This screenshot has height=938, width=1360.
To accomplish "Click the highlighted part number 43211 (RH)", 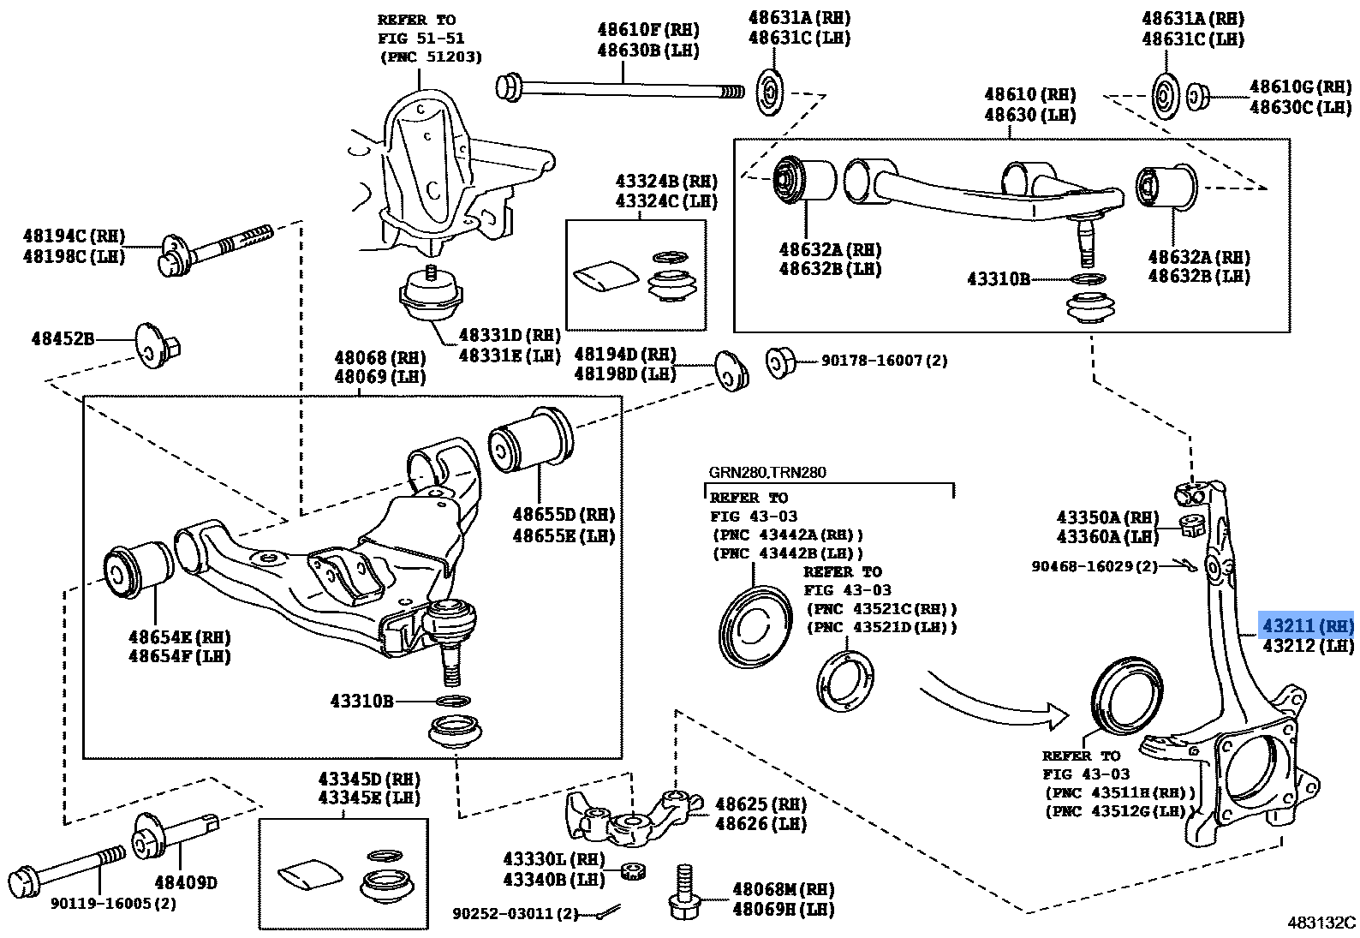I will click(1306, 626).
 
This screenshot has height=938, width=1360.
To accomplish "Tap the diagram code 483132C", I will click(1321, 923).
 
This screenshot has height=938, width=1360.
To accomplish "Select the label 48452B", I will click(63, 339).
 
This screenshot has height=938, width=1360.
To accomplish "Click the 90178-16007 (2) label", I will click(884, 361).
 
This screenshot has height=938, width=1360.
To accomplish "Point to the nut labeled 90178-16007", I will click(779, 362).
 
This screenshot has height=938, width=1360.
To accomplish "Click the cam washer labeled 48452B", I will click(154, 346).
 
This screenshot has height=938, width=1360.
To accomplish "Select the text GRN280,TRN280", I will click(766, 472).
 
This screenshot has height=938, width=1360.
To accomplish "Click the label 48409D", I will click(185, 882).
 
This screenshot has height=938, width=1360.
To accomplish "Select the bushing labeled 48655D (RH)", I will click(531, 439).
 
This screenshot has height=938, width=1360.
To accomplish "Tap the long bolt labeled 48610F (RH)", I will click(621, 87).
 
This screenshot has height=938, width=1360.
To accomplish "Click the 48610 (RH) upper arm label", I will click(1029, 95).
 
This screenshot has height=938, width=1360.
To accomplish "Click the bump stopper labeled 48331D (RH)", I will click(431, 297).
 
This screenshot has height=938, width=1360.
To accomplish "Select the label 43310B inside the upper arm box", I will click(998, 279).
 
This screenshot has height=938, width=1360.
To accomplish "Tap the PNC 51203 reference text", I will click(430, 57).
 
